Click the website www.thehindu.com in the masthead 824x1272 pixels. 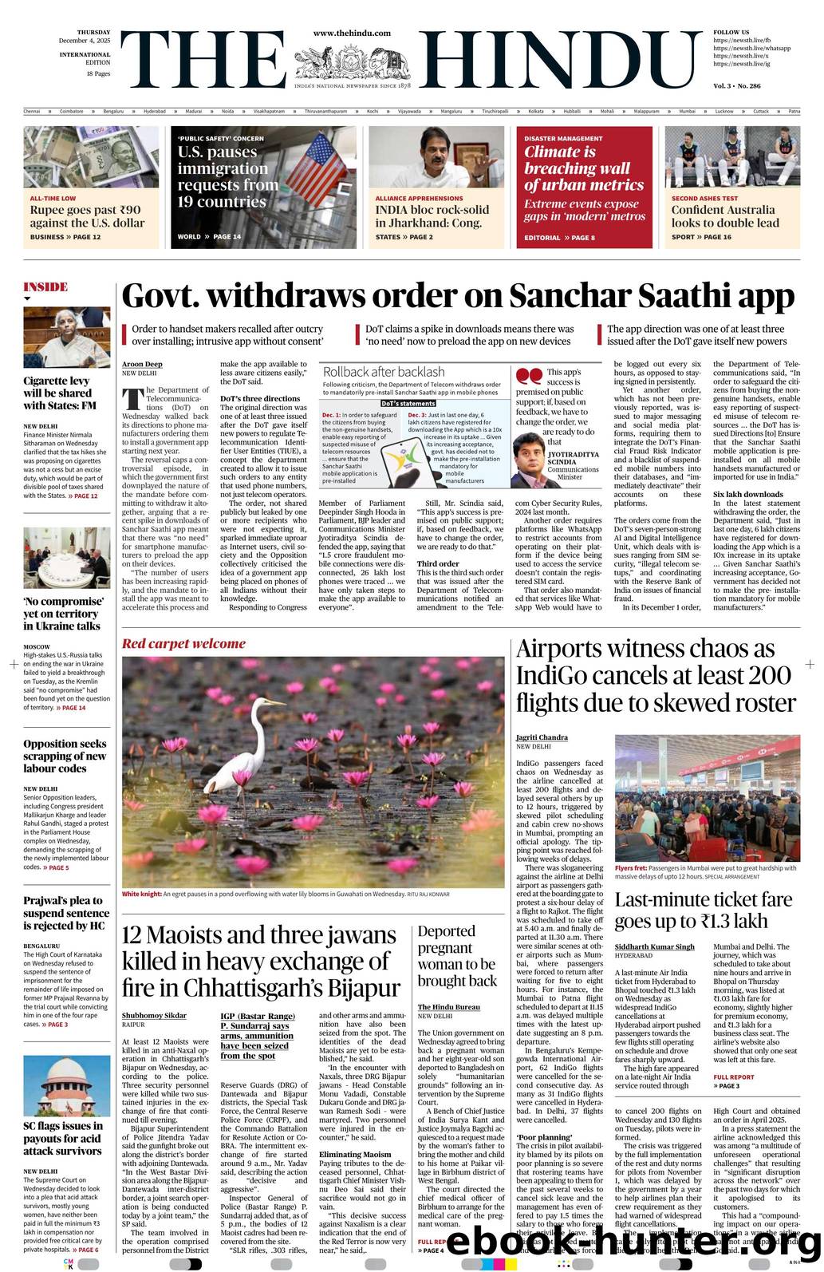coord(352,33)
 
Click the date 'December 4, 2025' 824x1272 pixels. coord(85,41)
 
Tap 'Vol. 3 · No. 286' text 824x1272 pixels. coord(736,85)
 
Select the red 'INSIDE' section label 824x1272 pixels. coord(45,287)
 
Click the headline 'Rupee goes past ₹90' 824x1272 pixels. coord(85,210)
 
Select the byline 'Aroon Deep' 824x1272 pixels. coord(142,364)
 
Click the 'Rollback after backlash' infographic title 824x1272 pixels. coord(384,372)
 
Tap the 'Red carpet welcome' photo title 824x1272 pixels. coord(183,643)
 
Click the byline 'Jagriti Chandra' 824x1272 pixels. coord(542,737)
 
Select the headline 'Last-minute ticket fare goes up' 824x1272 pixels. coord(703,911)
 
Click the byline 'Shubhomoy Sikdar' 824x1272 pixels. coord(154,1015)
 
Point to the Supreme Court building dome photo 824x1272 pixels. coord(66,1085)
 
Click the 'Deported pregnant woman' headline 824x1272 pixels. coord(457,956)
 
